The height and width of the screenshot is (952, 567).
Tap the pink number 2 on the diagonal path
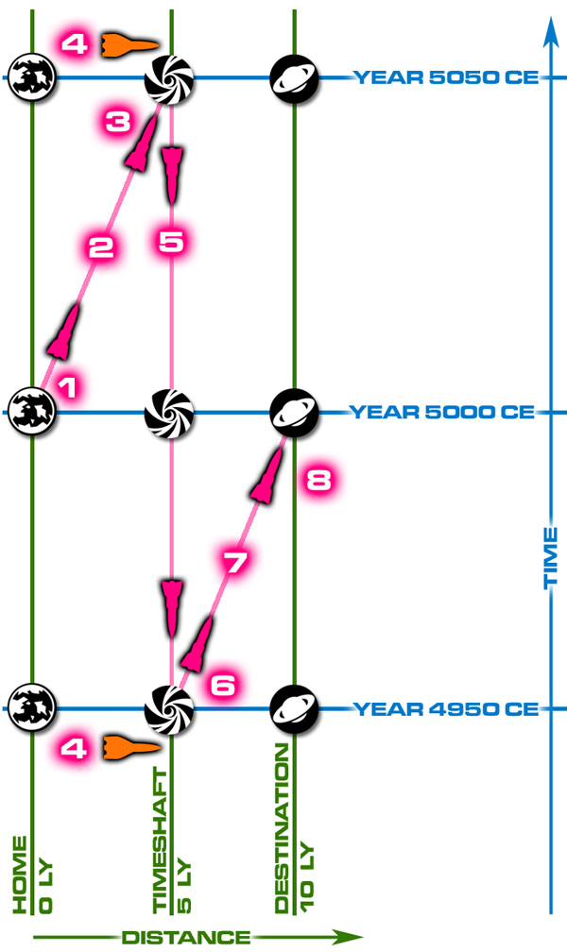click(x=101, y=247)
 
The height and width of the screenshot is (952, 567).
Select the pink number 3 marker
click(x=118, y=122)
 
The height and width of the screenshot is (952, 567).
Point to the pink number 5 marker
click(x=171, y=241)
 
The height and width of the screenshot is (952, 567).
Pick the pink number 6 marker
click(x=222, y=685)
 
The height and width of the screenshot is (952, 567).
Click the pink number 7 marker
click(x=234, y=562)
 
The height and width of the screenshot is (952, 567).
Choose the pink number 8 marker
click(x=318, y=481)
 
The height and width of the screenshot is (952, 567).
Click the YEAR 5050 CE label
click(x=445, y=77)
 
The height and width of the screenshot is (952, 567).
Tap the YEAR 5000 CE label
click(x=442, y=412)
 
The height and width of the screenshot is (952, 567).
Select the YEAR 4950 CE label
click(x=445, y=708)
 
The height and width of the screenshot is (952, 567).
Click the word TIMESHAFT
click(x=160, y=841)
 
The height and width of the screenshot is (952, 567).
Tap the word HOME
click(x=20, y=875)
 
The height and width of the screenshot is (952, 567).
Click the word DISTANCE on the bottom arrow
click(x=186, y=937)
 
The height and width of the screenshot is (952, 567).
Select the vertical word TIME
click(x=550, y=557)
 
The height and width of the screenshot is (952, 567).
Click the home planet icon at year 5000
click(x=31, y=412)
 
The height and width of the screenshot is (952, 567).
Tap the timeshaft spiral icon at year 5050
click(x=169, y=78)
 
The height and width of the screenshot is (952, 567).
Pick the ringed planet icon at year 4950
click(x=294, y=708)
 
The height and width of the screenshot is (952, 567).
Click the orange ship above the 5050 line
click(x=129, y=43)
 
